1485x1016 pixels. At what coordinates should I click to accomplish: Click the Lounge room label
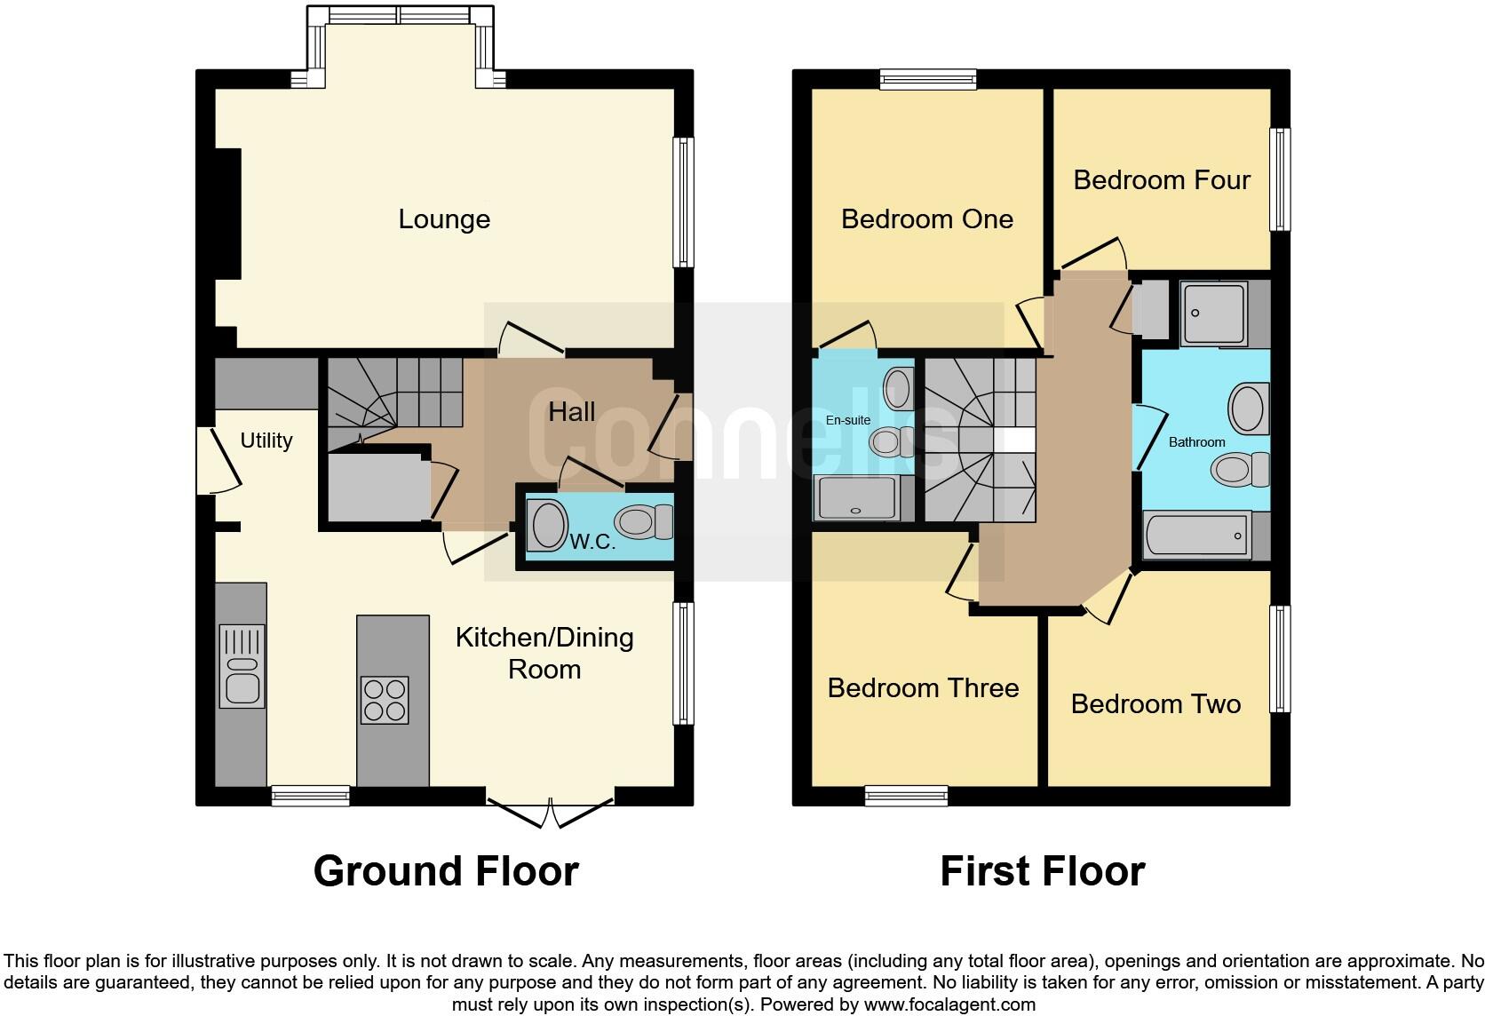444,219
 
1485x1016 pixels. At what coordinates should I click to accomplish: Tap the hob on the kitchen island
385,700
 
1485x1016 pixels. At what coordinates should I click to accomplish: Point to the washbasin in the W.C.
548,525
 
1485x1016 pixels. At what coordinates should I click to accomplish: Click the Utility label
266,441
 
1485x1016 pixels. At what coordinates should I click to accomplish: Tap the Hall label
572,411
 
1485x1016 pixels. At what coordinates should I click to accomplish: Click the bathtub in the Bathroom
1196,536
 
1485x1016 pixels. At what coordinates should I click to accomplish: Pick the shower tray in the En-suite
857,497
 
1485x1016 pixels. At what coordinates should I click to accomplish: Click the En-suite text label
848,420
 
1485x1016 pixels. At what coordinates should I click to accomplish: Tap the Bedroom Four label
1162,180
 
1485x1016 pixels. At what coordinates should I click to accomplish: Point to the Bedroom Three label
923,688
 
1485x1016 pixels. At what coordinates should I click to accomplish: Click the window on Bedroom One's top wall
928,80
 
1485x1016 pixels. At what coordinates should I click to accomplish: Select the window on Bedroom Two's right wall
1280,659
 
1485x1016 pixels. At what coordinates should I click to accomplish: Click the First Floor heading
1043,871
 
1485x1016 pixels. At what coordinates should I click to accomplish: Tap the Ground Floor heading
446,871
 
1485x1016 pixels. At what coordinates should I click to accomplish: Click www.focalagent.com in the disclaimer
949,1005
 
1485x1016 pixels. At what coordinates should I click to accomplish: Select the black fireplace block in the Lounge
226,214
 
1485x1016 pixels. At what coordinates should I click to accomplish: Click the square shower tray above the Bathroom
1214,314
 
